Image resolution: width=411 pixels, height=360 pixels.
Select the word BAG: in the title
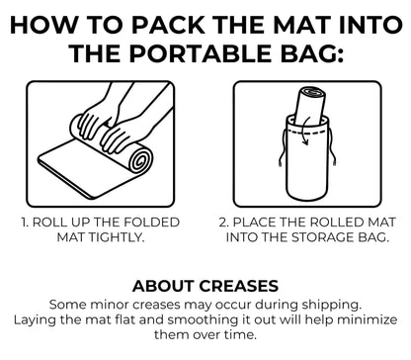point(312,53)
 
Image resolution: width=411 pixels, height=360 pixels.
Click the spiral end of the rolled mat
point(142,160)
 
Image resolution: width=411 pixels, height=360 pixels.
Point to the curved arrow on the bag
point(307,131)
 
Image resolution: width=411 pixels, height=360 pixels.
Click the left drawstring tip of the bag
point(281,162)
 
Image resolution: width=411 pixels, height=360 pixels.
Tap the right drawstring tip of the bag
point(334,161)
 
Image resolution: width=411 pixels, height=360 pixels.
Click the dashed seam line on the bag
point(307,132)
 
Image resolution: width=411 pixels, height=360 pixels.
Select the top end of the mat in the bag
point(313,91)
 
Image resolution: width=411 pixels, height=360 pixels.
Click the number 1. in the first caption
point(26,223)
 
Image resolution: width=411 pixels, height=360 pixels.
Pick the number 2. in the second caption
point(224,223)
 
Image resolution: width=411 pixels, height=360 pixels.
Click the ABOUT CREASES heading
point(205,286)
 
